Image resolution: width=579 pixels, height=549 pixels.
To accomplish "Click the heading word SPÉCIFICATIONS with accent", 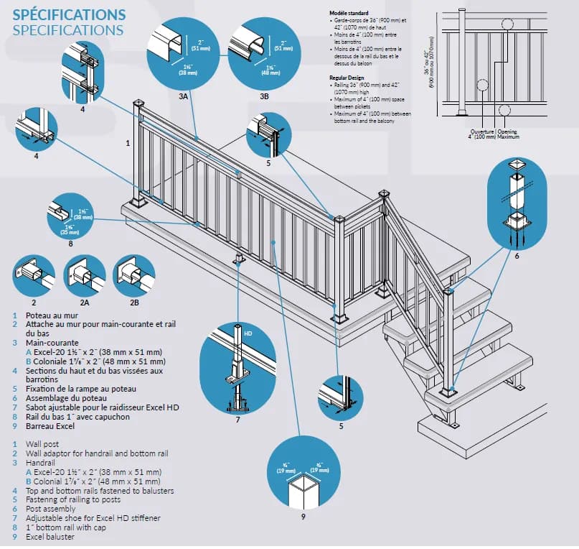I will [x=69, y=14].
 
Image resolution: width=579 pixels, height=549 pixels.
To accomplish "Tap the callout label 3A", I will [x=183, y=96].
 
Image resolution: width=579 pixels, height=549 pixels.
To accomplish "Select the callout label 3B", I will [x=264, y=96].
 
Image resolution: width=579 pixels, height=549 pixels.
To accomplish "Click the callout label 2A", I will [x=85, y=303].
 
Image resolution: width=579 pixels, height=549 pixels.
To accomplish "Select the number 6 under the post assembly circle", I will [x=517, y=255].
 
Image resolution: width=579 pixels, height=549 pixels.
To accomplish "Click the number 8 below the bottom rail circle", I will [x=71, y=243].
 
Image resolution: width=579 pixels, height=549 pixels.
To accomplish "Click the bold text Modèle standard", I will [x=348, y=14].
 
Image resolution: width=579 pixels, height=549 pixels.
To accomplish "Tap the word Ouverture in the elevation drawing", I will [x=482, y=132].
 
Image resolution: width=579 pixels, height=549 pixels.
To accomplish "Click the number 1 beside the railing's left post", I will [x=128, y=143].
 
